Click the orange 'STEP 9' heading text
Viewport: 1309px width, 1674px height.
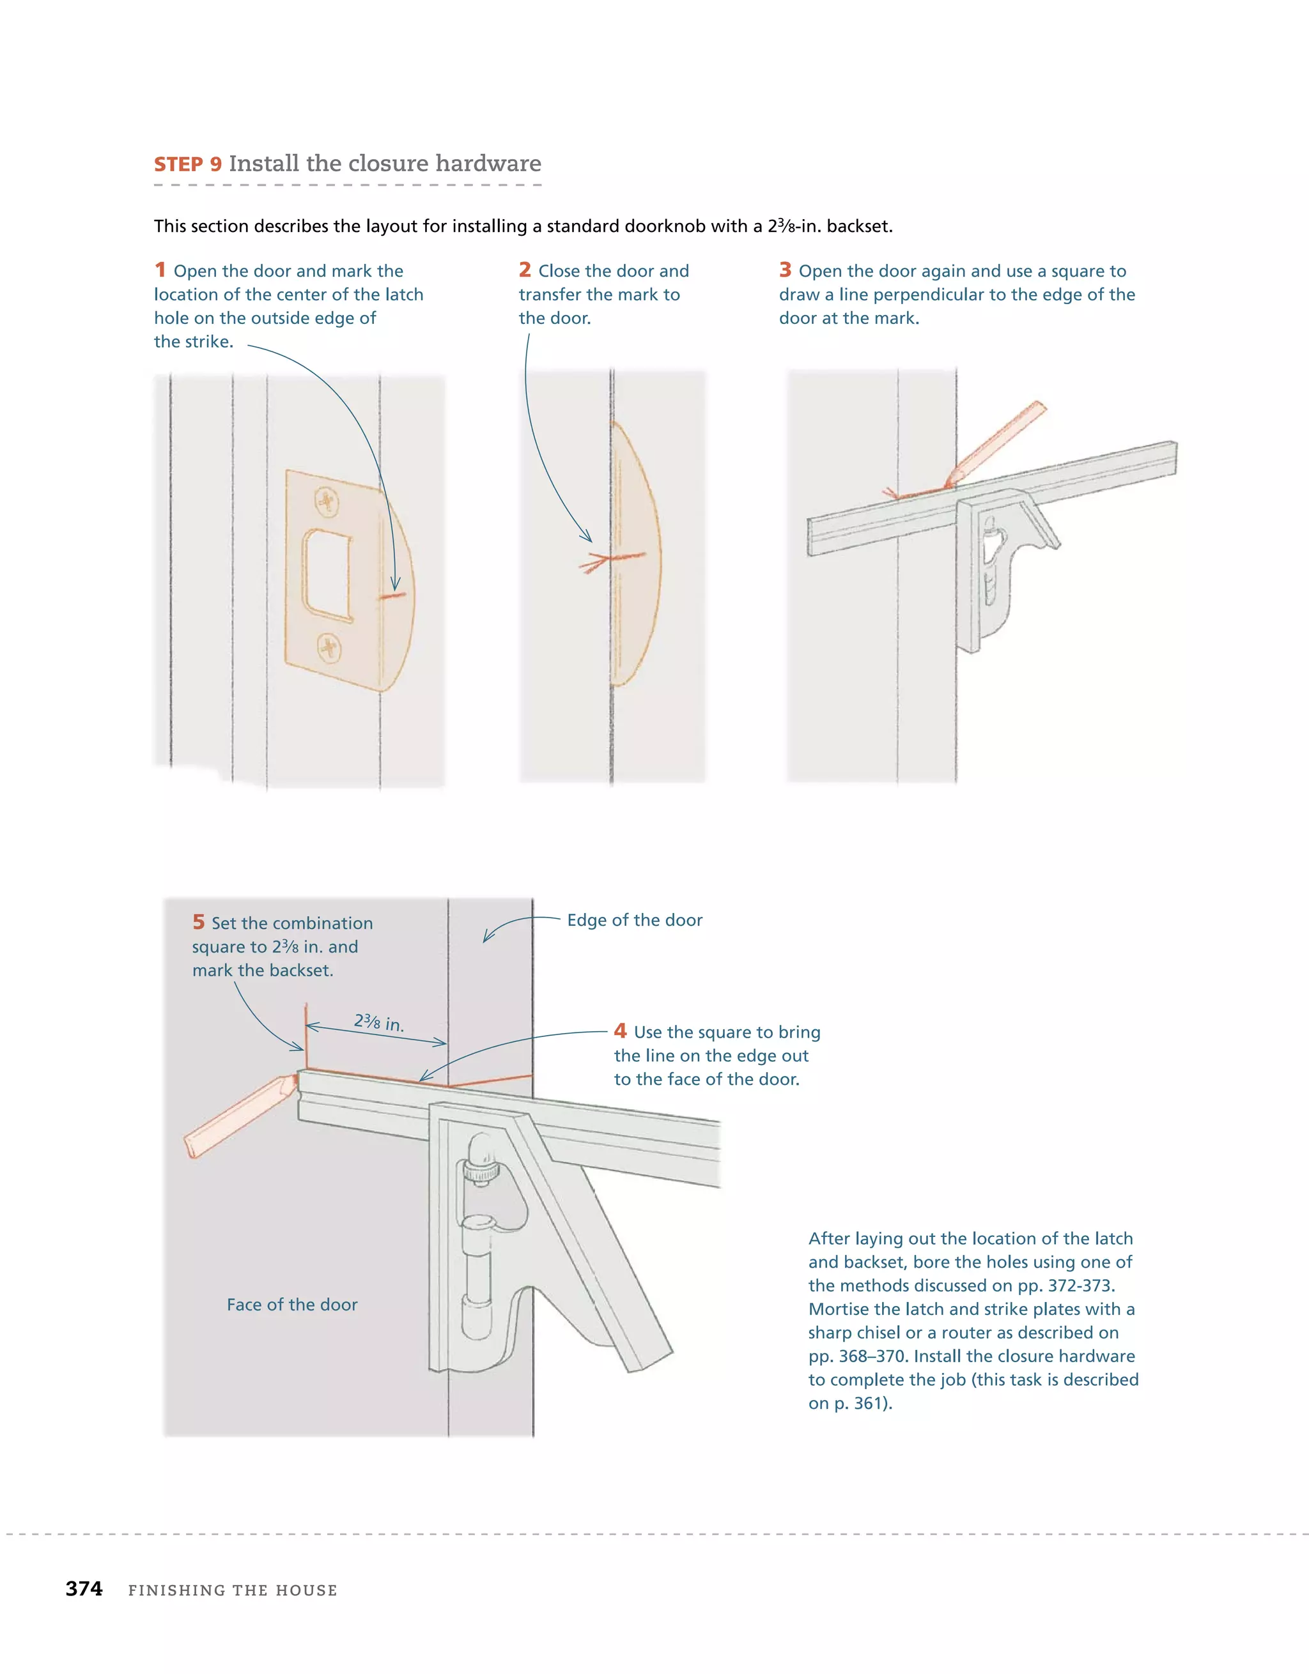coord(188,165)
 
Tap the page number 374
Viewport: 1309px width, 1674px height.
coord(84,1589)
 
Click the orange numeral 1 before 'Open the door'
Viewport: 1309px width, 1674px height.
coord(160,270)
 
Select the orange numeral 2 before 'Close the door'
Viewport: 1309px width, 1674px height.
coord(525,270)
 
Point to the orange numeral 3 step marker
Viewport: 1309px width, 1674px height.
coord(786,270)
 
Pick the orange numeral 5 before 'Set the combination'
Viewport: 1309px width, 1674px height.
coord(199,922)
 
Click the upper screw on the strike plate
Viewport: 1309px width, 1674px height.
coord(327,502)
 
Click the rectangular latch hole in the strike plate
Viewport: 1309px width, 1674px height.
coord(327,575)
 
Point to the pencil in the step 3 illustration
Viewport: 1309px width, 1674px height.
coord(997,445)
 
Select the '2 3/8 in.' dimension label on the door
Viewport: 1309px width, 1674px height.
coord(379,1022)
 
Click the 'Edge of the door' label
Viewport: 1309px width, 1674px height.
coord(634,920)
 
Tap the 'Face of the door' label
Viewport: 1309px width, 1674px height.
coord(292,1305)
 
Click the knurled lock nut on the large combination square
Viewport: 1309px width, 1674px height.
coord(481,1171)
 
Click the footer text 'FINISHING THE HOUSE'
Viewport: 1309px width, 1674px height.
coord(233,1590)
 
